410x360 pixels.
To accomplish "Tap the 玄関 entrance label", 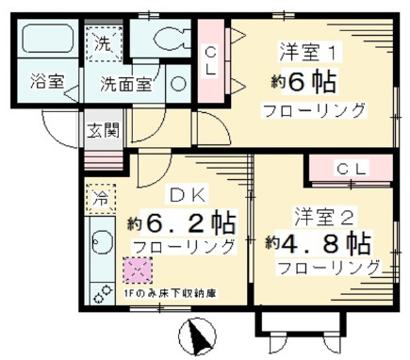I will coord(104,130).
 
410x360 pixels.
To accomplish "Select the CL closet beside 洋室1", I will coord(212,60).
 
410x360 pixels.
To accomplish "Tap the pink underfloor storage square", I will coord(138,270).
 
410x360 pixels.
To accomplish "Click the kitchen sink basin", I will coord(101,245).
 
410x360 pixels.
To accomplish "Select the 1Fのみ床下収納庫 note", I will coord(169,293).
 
